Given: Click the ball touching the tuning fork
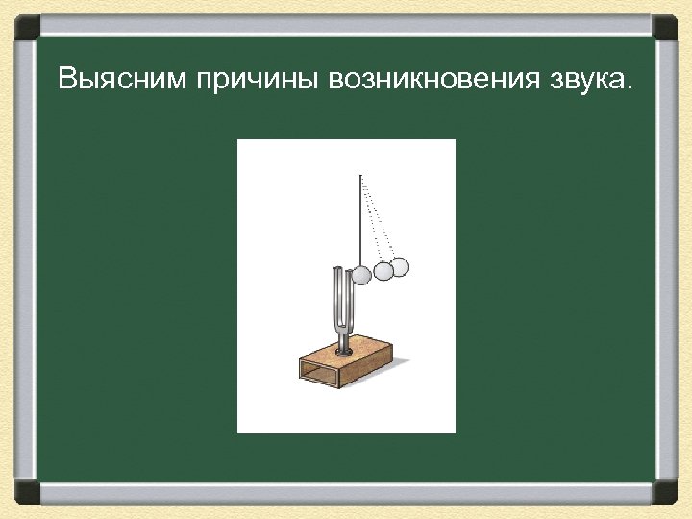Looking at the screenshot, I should point(361,276).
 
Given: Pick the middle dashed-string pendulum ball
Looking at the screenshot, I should point(383,272).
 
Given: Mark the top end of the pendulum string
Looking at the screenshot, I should point(360,175).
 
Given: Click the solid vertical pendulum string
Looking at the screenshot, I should point(360,221).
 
